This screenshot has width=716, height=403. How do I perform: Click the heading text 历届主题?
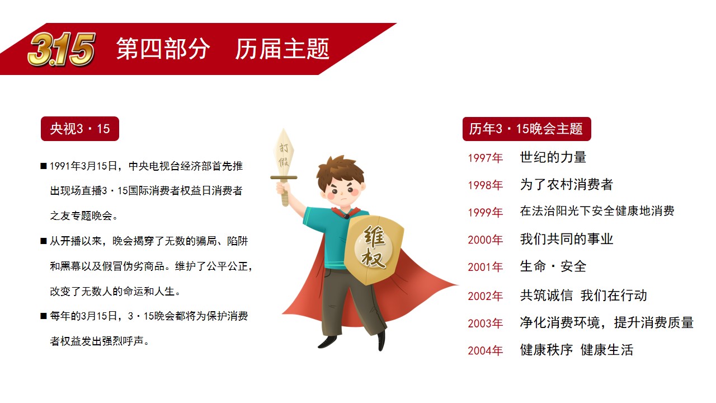pos(282,49)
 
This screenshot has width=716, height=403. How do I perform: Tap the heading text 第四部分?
pos(163,49)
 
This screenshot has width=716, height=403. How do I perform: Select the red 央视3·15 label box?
pos(80,129)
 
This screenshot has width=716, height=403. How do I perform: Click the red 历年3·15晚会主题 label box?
pos(526,129)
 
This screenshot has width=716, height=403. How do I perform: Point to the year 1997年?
pos(485,158)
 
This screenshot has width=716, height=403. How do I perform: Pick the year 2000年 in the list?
pos(485,240)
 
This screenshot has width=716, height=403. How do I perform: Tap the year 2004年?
pos(485,351)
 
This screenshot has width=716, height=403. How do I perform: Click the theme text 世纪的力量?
pos(553,157)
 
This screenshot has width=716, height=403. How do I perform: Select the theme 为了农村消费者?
pos(567,185)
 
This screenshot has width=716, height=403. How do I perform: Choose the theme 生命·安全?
pos(553,266)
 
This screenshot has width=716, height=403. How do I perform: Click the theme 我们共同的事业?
pos(567,239)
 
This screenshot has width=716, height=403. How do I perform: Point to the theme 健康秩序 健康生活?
pos(577,350)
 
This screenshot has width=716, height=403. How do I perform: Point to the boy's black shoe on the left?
pos(327,342)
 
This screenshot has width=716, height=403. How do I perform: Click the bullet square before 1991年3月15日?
pos(44,166)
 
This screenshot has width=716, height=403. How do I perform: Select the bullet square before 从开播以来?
pos(44,241)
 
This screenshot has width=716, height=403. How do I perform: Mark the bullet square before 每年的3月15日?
pos(44,316)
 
